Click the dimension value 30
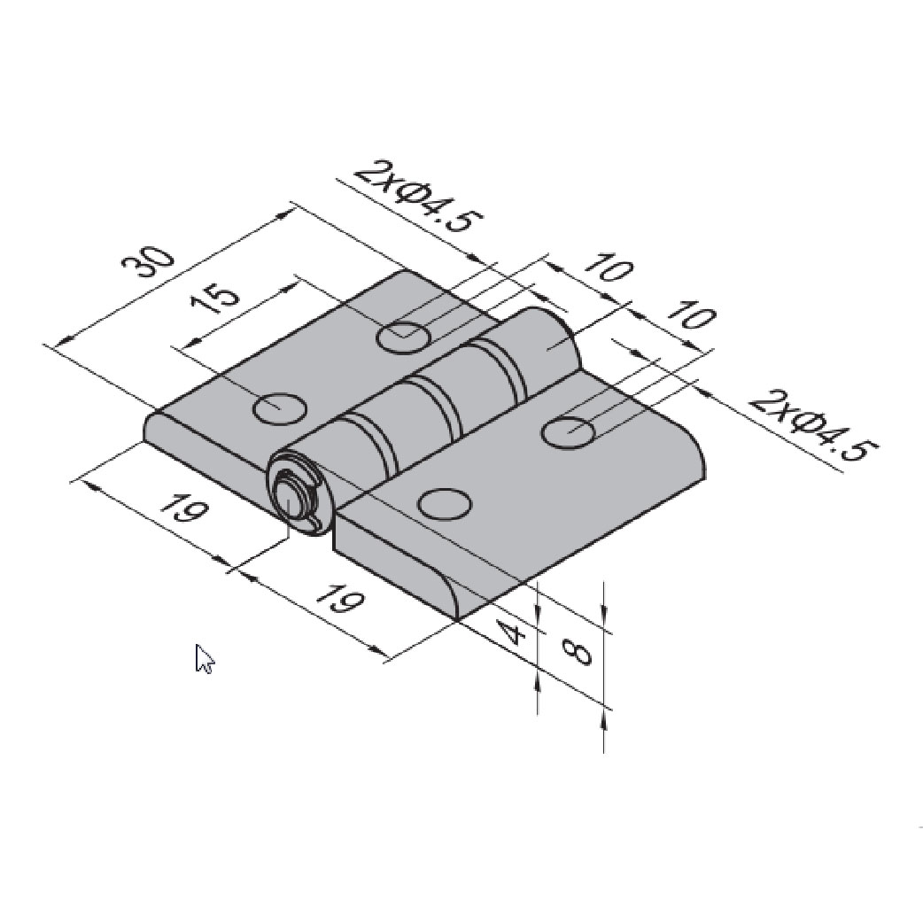(147, 265)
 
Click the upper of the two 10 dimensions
(608, 268)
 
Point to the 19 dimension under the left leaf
(184, 511)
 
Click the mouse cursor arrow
(204, 658)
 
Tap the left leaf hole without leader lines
(280, 407)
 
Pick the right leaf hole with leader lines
(568, 431)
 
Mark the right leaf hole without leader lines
(444, 503)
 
